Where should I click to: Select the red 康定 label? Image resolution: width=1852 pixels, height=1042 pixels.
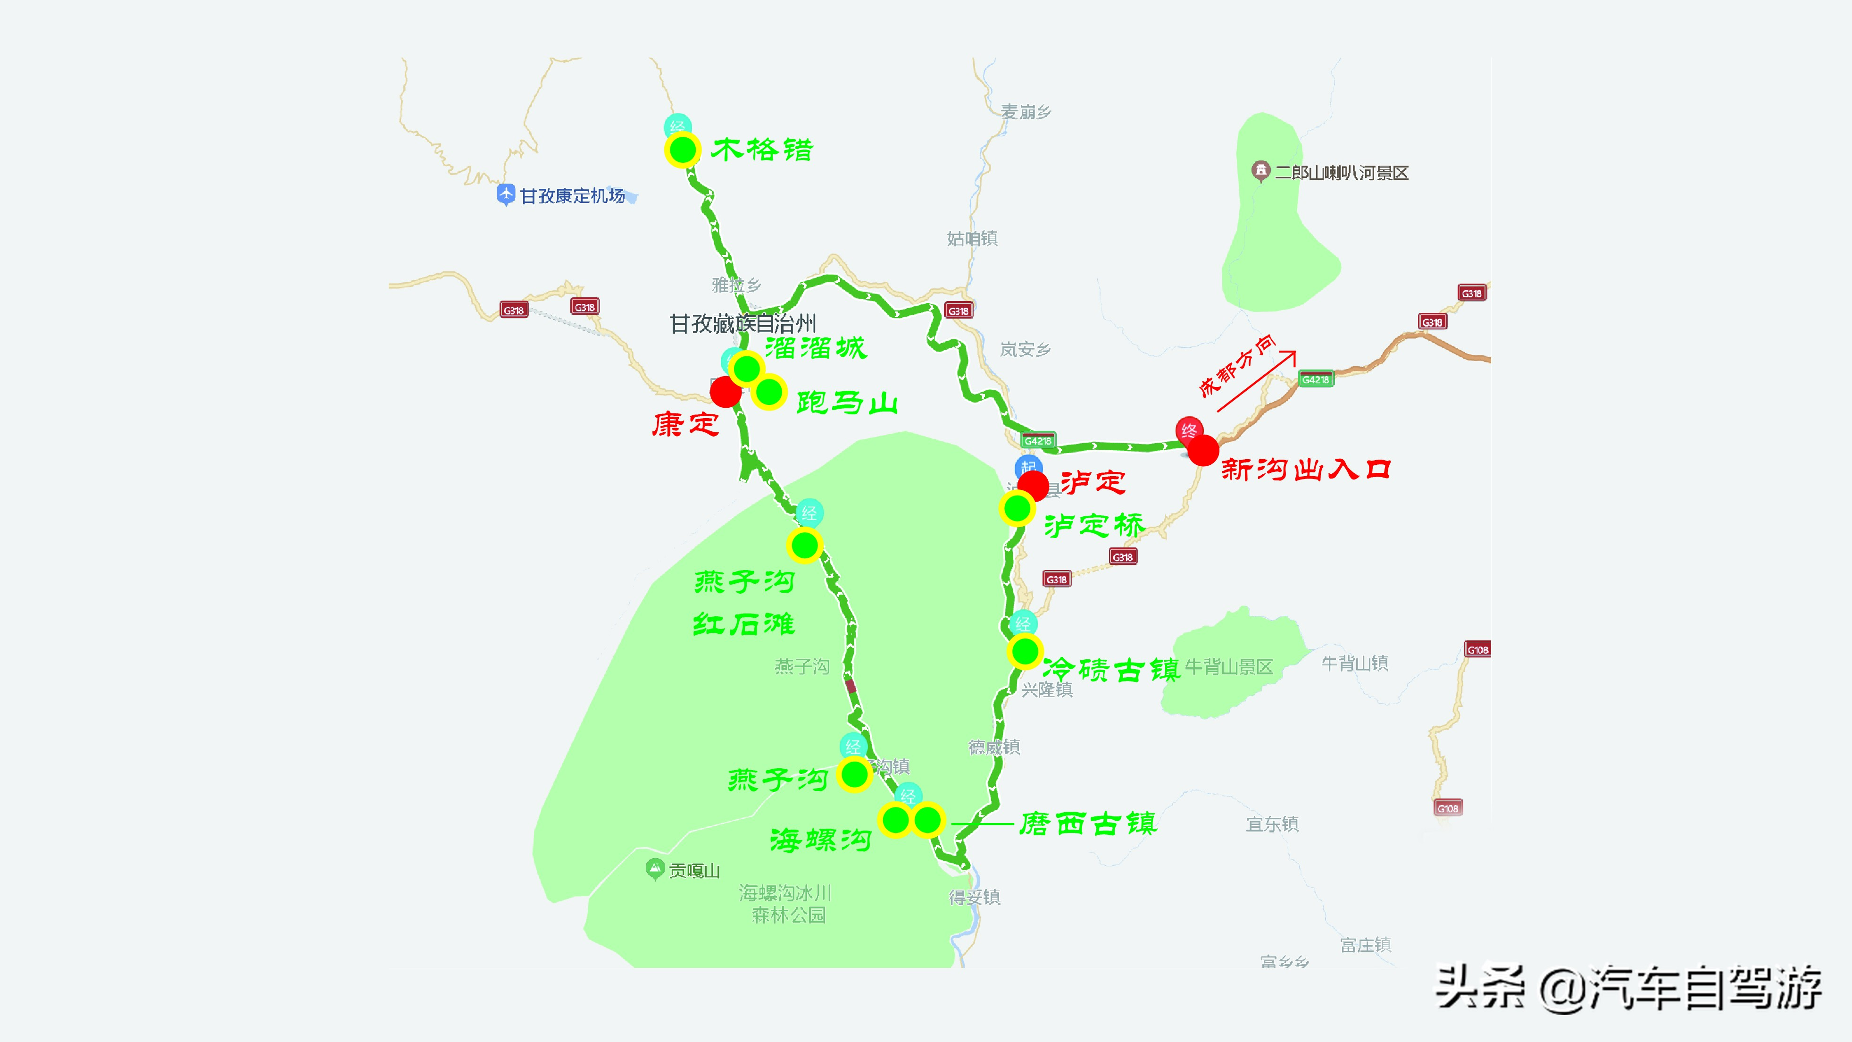point(685,424)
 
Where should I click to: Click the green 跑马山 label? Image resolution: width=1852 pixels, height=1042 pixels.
point(847,403)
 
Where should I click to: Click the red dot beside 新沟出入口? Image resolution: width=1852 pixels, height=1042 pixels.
point(1203,450)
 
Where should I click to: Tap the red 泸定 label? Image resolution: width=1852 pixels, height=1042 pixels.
point(1093,482)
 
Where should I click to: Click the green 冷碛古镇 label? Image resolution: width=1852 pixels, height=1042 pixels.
point(1111,670)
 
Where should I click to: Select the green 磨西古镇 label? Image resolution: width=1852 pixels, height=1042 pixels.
point(1088,824)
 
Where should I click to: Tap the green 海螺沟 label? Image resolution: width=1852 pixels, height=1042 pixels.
point(820,840)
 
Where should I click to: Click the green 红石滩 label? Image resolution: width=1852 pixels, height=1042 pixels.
point(743,623)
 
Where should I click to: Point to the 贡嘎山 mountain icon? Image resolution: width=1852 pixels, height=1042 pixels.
point(654,869)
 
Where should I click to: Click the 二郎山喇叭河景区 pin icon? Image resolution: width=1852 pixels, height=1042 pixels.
point(1260,171)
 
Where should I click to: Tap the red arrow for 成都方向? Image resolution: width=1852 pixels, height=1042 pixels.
point(1256,381)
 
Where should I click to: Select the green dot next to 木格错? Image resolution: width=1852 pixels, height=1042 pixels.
point(682,150)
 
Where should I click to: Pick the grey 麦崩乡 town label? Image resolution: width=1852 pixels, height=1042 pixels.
point(1026,111)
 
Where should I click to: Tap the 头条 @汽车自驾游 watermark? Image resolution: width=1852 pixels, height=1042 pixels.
point(1628,988)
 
